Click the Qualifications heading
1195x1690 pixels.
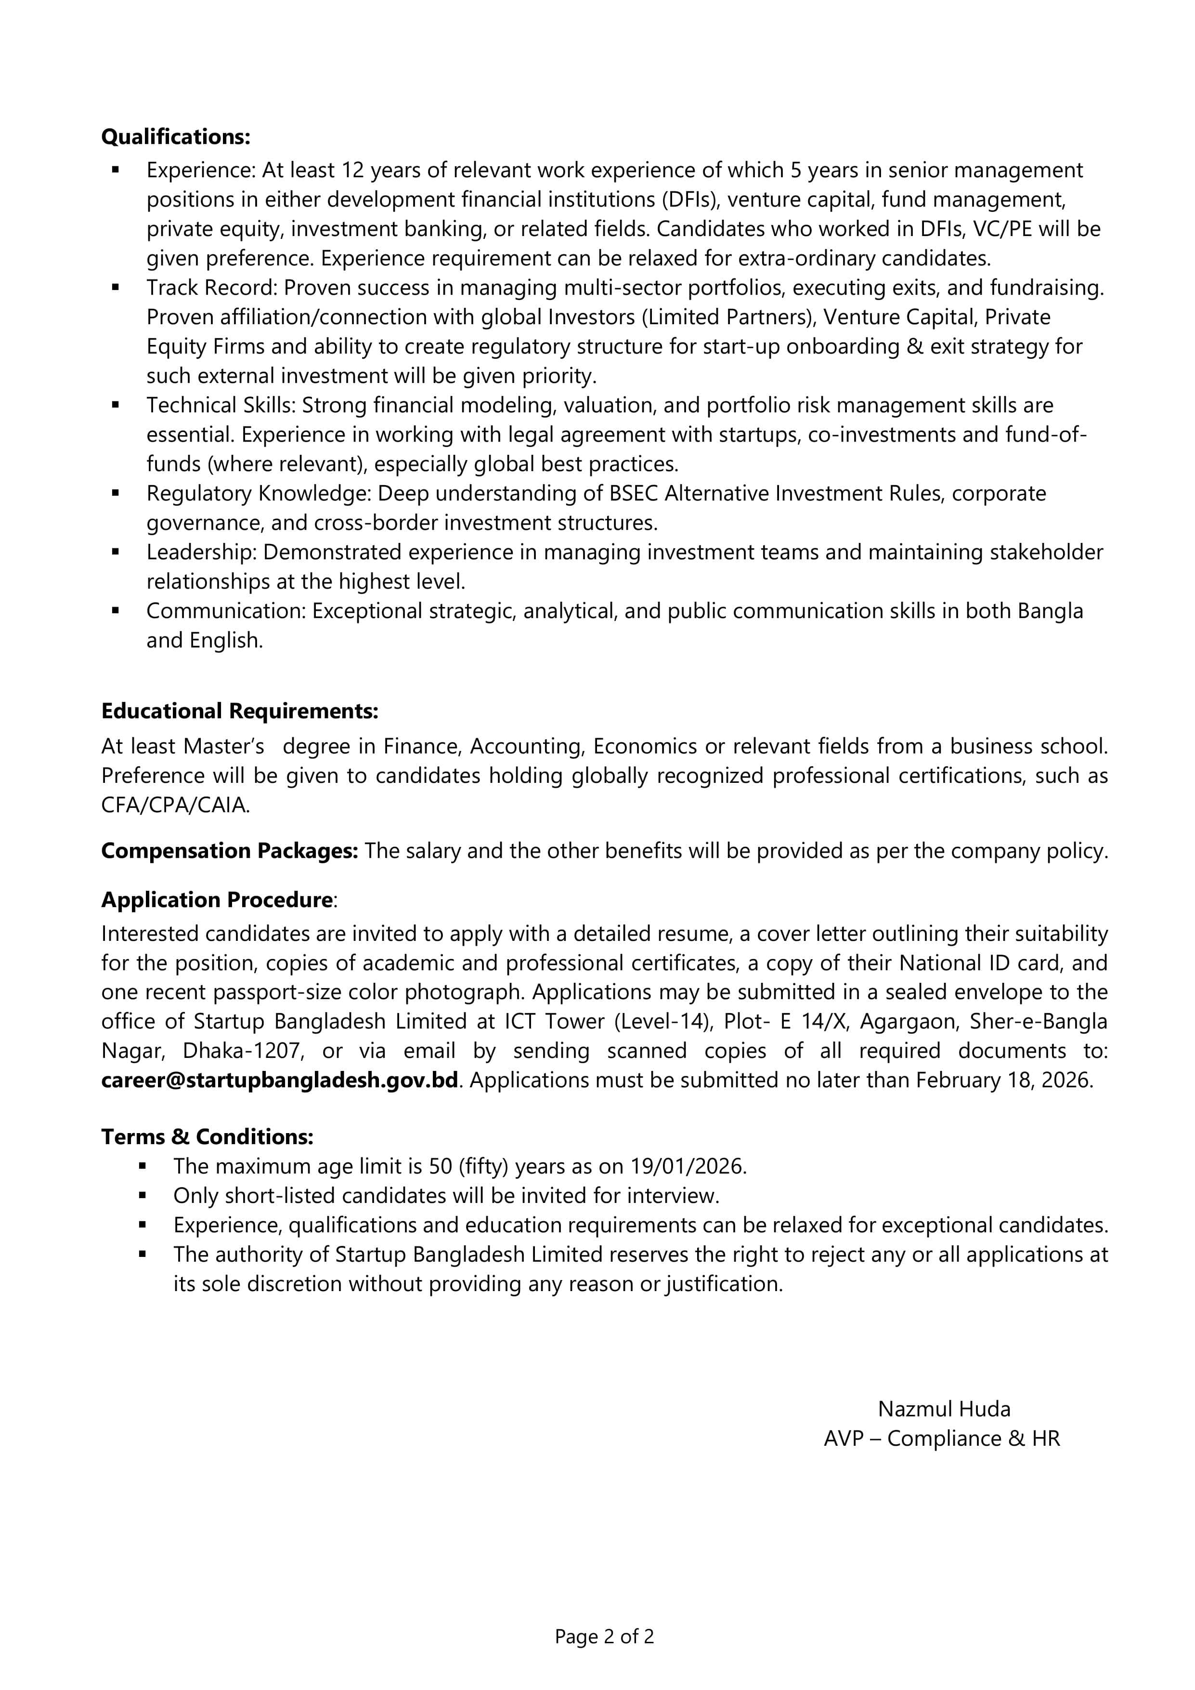coord(175,137)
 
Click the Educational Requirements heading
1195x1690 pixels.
coord(239,711)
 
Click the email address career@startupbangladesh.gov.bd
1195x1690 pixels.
coord(280,1081)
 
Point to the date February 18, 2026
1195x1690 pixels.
coord(1004,1081)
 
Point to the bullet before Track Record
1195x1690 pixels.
coord(116,288)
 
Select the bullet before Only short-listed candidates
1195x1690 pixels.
coord(143,1196)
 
